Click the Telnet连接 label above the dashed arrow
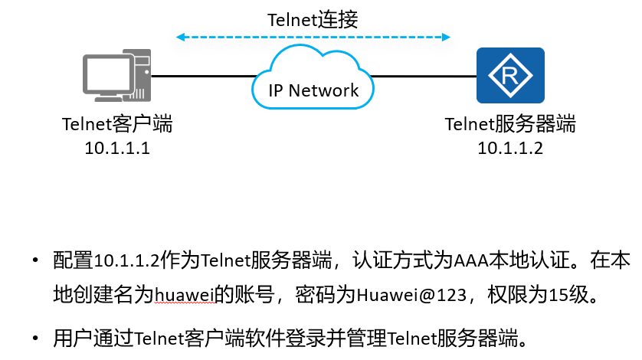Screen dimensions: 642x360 (313, 20)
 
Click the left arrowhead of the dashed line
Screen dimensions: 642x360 (180, 38)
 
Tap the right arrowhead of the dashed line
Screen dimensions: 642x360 (446, 38)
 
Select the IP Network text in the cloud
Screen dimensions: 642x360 (313, 90)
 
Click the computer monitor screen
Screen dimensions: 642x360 (107, 75)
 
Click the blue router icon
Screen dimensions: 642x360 (510, 75)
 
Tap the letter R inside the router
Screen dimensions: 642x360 (509, 76)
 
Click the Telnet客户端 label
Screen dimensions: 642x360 (117, 124)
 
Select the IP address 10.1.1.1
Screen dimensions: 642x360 (117, 148)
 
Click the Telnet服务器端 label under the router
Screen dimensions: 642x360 (510, 124)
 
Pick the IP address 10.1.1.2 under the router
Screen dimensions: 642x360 (510, 148)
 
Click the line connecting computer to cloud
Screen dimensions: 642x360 (204, 76)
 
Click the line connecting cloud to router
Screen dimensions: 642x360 (424, 76)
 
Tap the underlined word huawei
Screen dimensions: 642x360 (185, 295)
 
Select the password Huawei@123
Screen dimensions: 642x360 (411, 295)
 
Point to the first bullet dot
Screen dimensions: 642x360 (35, 260)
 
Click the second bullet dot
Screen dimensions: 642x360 (35, 339)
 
